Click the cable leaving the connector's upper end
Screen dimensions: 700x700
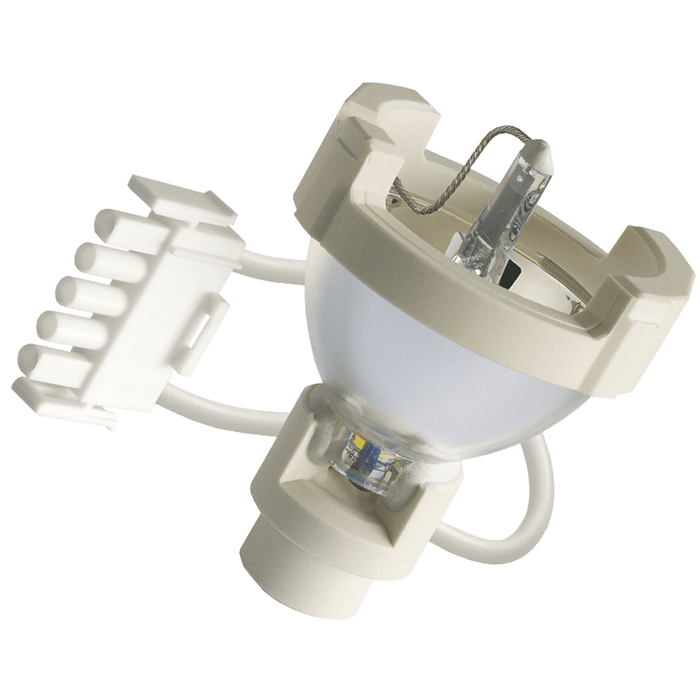273,252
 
